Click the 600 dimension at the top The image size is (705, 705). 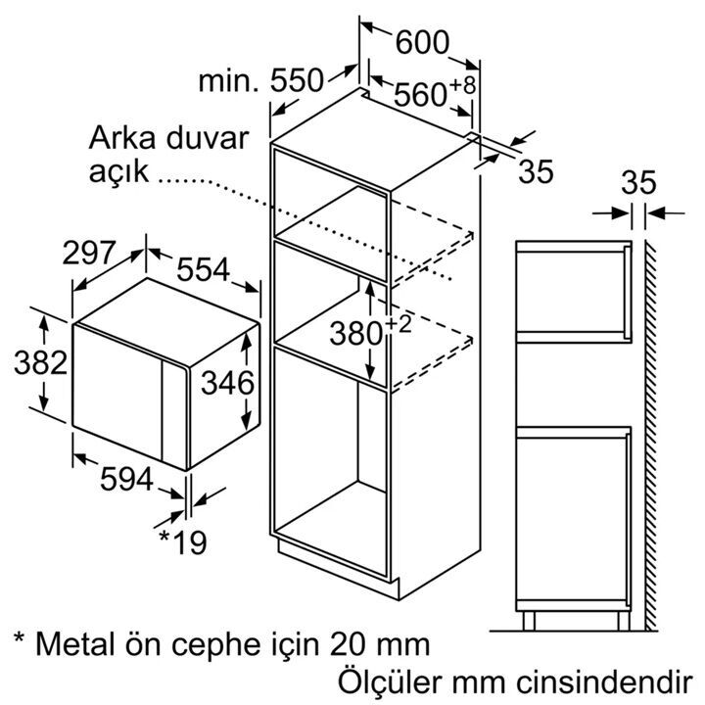[422, 42]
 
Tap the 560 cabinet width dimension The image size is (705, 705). [420, 95]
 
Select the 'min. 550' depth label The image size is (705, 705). [260, 80]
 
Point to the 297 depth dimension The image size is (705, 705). [89, 253]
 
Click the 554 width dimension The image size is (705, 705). [204, 269]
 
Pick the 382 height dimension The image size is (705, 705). [40, 362]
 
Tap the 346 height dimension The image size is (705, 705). [227, 383]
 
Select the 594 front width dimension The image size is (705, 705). [126, 479]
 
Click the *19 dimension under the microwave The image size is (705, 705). [183, 542]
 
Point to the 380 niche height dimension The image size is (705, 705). [356, 334]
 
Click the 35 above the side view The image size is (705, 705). [638, 182]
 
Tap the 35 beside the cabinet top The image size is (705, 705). [536, 171]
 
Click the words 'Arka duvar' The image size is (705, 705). [168, 138]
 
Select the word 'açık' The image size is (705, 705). [118, 171]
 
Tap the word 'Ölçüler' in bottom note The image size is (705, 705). [391, 681]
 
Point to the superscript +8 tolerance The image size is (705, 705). [462, 85]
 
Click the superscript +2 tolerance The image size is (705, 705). [398, 325]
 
